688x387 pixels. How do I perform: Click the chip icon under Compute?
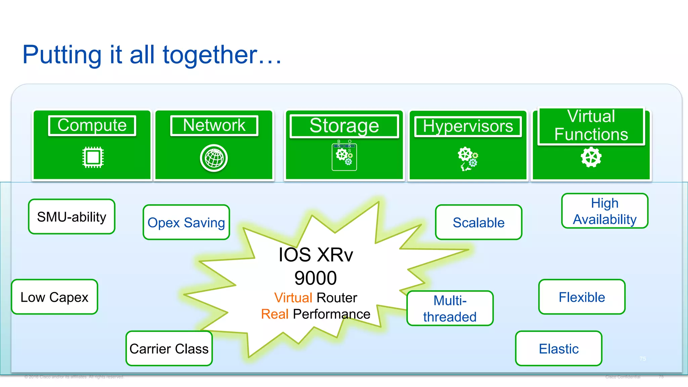[x=93, y=157]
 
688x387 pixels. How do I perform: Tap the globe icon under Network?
[x=214, y=158]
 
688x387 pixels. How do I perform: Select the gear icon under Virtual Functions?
[x=591, y=157]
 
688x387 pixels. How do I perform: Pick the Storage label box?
[x=344, y=126]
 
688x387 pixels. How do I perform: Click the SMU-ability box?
[x=72, y=217]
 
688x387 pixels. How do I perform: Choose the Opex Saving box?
[x=186, y=222]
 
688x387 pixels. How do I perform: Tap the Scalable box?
[x=478, y=222]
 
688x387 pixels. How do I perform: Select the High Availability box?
[x=605, y=211]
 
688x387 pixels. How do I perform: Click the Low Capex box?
[x=54, y=297]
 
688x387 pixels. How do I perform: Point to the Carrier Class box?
[x=169, y=348]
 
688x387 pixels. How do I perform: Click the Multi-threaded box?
[x=450, y=308]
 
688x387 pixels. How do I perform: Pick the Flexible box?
[x=582, y=297]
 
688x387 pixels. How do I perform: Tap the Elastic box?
[x=559, y=348]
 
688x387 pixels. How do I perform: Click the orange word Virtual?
[x=293, y=298]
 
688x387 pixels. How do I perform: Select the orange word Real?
[x=275, y=314]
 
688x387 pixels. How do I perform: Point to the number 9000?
[x=315, y=278]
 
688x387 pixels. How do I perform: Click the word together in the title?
[x=210, y=55]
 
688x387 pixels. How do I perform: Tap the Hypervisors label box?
[x=468, y=127]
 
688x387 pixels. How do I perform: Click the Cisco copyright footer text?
[x=74, y=377]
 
